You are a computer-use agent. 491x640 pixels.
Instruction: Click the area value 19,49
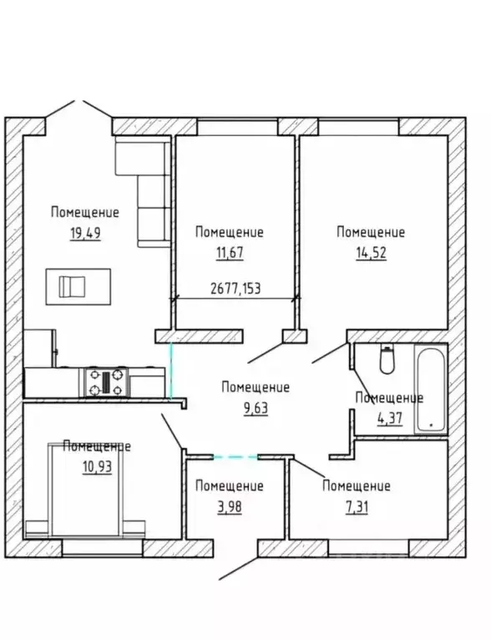tap(85, 234)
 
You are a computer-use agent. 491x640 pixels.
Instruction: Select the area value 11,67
tap(230, 253)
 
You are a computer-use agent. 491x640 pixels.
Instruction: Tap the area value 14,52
tap(371, 253)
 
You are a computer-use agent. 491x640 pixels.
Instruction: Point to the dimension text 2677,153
tap(235, 289)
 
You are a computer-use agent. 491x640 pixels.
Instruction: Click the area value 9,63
tap(256, 408)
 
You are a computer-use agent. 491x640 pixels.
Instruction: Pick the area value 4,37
tap(390, 418)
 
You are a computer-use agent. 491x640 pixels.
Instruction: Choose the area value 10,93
tap(97, 466)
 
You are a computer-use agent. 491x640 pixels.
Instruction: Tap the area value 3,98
tap(229, 507)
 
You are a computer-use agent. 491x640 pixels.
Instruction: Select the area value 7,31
tap(357, 507)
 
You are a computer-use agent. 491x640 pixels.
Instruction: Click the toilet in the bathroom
tap(387, 359)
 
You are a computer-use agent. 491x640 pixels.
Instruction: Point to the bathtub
tap(430, 389)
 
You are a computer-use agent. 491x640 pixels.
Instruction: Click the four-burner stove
tap(106, 381)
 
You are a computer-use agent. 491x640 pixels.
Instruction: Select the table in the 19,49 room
tap(78, 286)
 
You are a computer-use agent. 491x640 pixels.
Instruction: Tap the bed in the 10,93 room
tap(85, 490)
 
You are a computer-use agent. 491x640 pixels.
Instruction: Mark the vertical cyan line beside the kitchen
tap(170, 371)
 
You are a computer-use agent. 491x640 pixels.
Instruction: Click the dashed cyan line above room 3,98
tap(235, 457)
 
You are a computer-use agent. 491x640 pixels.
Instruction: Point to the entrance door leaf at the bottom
tap(239, 568)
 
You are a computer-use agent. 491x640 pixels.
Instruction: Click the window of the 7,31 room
tap(369, 548)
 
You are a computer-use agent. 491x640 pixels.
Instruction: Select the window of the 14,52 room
tap(359, 127)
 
